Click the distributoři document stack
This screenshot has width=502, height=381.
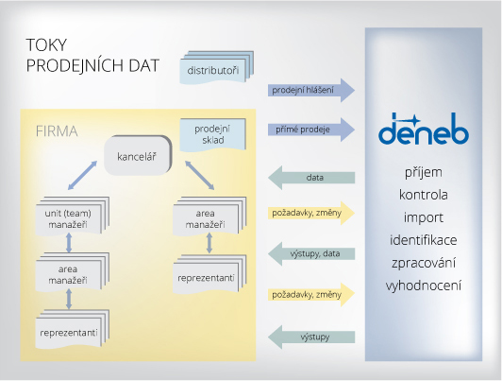pos(217,67)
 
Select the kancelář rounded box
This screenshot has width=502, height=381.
pos(138,156)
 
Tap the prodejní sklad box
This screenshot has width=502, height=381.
pos(213,134)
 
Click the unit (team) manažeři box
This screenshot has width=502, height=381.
pos(73,216)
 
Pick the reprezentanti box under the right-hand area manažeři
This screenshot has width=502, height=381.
pos(209,274)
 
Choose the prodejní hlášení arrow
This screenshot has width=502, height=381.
pos(311,90)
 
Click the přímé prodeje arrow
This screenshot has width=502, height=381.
pos(311,130)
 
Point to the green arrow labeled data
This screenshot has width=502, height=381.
pos(311,178)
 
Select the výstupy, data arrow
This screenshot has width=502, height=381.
pos(311,254)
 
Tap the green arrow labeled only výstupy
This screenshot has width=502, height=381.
pos(311,338)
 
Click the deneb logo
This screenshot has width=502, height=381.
pos(424,129)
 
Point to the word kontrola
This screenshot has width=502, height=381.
pos(424,195)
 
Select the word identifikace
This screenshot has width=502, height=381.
pos(424,240)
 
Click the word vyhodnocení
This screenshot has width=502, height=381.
pos(424,286)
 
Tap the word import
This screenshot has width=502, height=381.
pos(424,217)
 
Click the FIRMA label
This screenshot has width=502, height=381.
pos(57,131)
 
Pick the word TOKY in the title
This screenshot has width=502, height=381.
pos(46,44)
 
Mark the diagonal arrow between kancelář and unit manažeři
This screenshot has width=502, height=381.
pos(82,176)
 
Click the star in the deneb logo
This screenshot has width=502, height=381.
pos(414,121)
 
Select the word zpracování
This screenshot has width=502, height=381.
pos(424,263)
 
